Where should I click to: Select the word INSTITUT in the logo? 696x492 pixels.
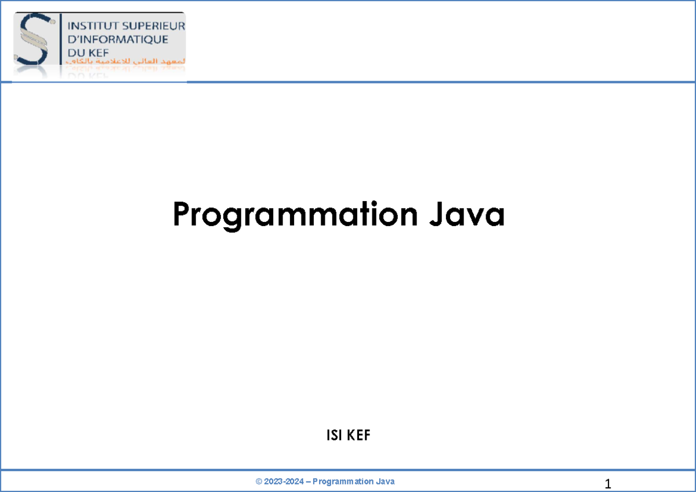[92, 26]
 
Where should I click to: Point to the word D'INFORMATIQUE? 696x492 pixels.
[118, 39]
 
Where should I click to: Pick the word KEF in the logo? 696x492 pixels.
[100, 53]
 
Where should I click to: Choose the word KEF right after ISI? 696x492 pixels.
[358, 435]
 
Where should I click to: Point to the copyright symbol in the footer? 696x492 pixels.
[259, 482]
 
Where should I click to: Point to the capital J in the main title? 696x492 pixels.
[436, 215]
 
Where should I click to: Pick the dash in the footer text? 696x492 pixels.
[309, 482]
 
